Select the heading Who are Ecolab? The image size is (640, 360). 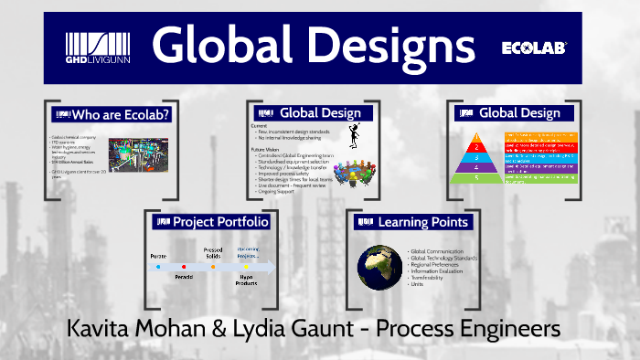(x=126, y=114)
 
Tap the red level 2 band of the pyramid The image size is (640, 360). (x=475, y=145)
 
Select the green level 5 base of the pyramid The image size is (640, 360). (x=475, y=177)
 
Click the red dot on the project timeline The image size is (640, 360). (x=185, y=268)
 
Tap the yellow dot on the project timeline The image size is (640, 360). (x=246, y=268)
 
